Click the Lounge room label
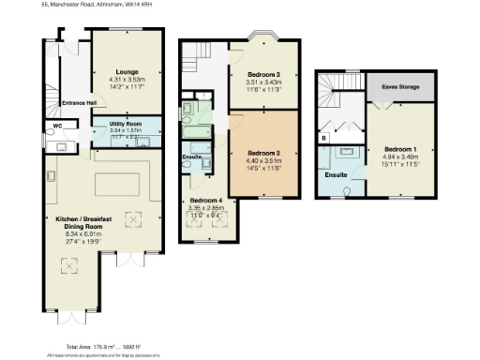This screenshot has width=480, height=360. point(127,71)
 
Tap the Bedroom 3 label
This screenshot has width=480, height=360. point(262,73)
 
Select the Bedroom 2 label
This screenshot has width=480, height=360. point(264,153)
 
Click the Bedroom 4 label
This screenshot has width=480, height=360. point(207,202)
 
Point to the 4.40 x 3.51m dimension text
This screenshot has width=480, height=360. point(264,160)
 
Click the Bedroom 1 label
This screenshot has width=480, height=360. point(400,147)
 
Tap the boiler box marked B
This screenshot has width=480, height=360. point(324,139)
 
